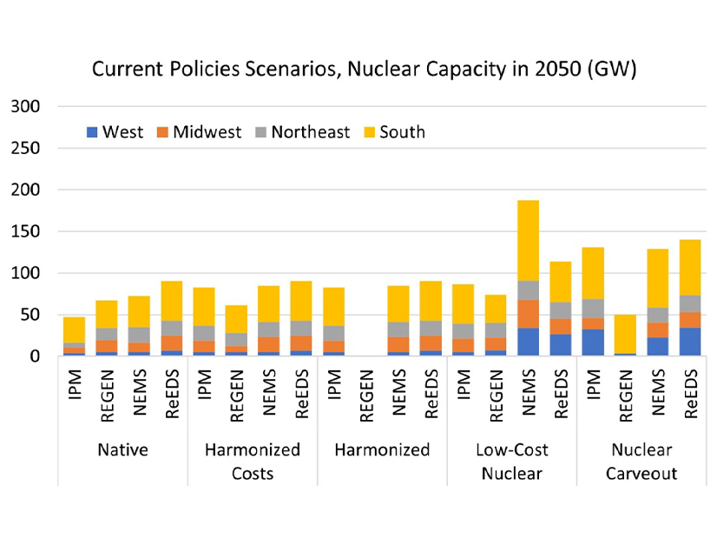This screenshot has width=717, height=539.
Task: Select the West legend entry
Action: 115,132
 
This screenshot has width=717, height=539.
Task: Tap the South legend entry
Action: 393,132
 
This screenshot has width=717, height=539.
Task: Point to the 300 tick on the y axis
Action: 26,107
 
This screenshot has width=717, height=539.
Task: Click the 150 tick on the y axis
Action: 26,232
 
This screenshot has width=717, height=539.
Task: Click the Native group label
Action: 122,450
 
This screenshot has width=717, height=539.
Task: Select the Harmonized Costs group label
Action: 252,462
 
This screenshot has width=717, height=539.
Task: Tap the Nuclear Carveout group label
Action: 642,462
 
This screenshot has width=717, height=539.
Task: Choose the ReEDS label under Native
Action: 171,397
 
